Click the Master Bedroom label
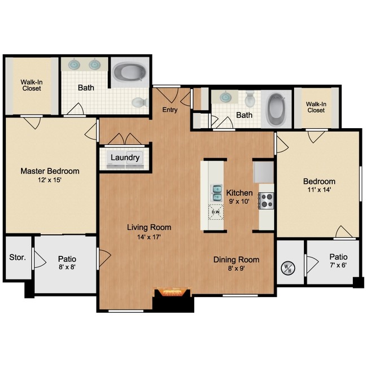pyautogui.click(x=50, y=171)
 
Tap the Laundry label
pyautogui.click(x=125, y=158)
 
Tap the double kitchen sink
pyautogui.click(x=216, y=193)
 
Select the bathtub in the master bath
pyautogui.click(x=129, y=72)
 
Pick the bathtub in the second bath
pyautogui.click(x=276, y=109)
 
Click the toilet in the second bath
pyautogui.click(x=250, y=100)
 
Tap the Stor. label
pyautogui.click(x=18, y=257)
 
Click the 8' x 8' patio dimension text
pyautogui.click(x=67, y=268)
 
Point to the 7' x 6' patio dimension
pyautogui.click(x=338, y=265)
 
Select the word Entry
pyautogui.click(x=169, y=110)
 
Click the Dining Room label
pyautogui.click(x=236, y=260)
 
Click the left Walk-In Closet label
pyautogui.click(x=32, y=85)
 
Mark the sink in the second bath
pyautogui.click(x=226, y=97)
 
